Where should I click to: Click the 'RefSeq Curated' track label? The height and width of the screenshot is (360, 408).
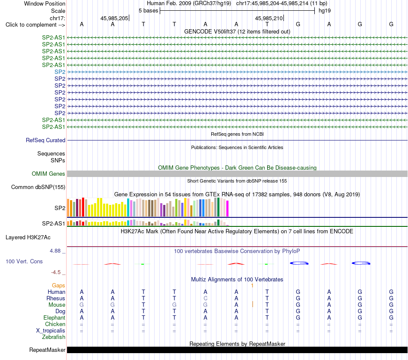pyautogui.click(x=46, y=140)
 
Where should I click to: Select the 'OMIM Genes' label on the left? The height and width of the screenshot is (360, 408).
pyautogui.click(x=49, y=174)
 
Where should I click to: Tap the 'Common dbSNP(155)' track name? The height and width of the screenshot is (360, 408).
pyautogui.click(x=38, y=187)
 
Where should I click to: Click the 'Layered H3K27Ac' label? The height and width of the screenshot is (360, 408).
pyautogui.click(x=28, y=238)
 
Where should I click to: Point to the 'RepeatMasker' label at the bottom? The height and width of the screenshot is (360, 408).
pyautogui.click(x=47, y=350)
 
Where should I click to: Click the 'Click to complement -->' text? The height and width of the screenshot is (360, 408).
pyautogui.click(x=35, y=25)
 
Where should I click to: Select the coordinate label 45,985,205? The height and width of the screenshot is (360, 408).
pyautogui.click(x=114, y=18)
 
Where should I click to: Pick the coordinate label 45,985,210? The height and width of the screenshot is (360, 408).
pyautogui.click(x=269, y=18)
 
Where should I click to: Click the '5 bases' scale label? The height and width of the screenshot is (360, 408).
pyautogui.click(x=148, y=11)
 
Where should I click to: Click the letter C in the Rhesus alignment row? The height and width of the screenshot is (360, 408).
pyautogui.click(x=205, y=298)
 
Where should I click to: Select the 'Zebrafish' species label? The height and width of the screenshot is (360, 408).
pyautogui.click(x=54, y=337)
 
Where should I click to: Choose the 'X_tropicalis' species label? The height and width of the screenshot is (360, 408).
pyautogui.click(x=51, y=331)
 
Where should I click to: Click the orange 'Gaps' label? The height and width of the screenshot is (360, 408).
pyautogui.click(x=58, y=286)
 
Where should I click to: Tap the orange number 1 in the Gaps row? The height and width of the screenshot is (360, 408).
pyautogui.click(x=252, y=286)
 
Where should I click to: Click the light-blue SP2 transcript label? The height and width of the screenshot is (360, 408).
pyautogui.click(x=60, y=72)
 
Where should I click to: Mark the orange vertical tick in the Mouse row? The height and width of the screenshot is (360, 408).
pyautogui.click(x=253, y=304)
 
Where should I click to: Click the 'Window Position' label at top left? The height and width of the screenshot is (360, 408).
pyautogui.click(x=45, y=3)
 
